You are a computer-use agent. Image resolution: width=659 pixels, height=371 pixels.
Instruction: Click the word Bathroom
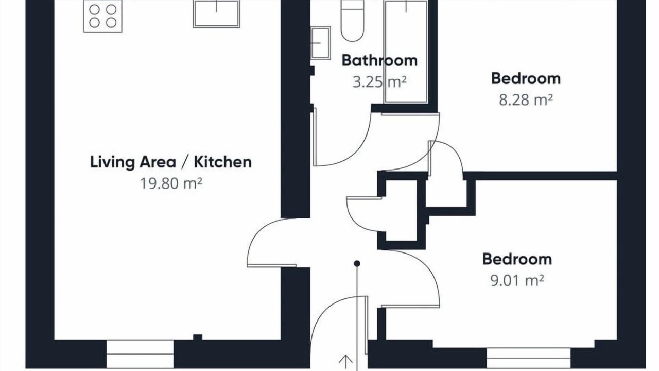(379, 61)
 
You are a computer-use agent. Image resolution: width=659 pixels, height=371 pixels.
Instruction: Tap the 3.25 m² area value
(379, 82)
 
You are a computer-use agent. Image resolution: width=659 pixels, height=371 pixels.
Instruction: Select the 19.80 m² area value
(171, 183)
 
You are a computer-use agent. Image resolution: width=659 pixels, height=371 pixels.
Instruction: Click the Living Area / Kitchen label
(170, 162)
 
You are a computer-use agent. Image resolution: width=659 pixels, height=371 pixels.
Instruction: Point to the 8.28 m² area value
(526, 100)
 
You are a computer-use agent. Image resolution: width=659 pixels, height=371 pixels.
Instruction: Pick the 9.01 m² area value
(517, 281)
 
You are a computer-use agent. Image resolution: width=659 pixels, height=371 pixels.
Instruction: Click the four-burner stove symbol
(102, 16)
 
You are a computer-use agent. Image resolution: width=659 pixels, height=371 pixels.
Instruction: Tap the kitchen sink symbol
(217, 14)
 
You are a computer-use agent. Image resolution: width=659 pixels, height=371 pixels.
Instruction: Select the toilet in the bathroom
(353, 21)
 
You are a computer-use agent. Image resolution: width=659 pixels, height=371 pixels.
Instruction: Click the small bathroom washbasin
(321, 43)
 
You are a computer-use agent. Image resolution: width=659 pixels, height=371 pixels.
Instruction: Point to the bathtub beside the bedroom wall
(406, 52)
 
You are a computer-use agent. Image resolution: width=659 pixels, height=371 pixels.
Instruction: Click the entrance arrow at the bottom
(345, 363)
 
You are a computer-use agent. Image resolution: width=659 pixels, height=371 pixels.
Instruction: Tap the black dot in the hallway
(357, 263)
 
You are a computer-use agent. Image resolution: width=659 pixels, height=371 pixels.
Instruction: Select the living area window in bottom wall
(140, 354)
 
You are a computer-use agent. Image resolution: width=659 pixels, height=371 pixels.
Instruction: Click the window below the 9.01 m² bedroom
(529, 358)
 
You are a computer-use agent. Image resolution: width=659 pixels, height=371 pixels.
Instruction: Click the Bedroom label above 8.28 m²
(526, 79)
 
